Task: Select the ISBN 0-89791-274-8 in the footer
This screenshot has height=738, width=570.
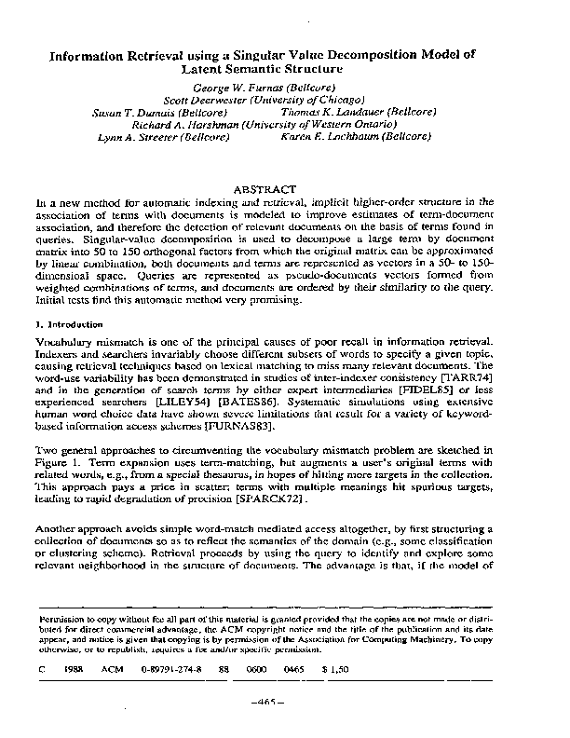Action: (x=171, y=669)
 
